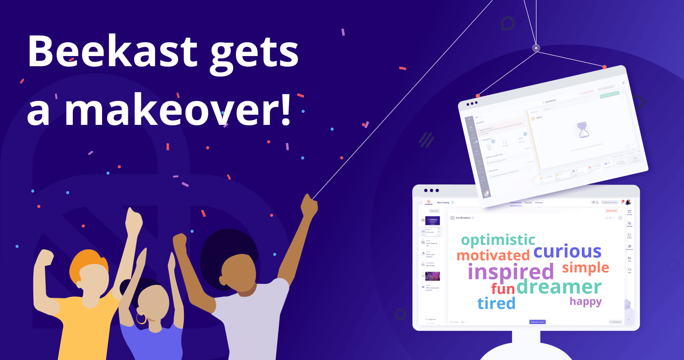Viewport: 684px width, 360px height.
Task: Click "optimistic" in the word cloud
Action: click(498, 240)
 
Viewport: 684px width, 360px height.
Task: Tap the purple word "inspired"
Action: click(511, 272)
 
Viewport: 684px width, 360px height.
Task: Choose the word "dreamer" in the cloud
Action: click(559, 287)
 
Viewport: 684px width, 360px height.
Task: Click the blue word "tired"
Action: click(496, 304)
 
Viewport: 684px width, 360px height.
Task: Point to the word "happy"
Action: click(585, 302)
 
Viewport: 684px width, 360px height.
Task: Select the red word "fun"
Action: click(502, 289)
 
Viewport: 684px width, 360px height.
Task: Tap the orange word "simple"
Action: click(585, 268)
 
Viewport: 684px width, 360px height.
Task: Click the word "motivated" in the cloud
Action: click(493, 256)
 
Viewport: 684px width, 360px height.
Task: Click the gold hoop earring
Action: click(141, 318)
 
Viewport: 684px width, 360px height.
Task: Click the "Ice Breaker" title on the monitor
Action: click(463, 218)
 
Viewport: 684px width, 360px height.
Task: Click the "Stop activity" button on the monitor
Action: click(611, 211)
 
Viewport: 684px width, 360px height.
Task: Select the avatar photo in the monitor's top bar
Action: click(628, 203)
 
